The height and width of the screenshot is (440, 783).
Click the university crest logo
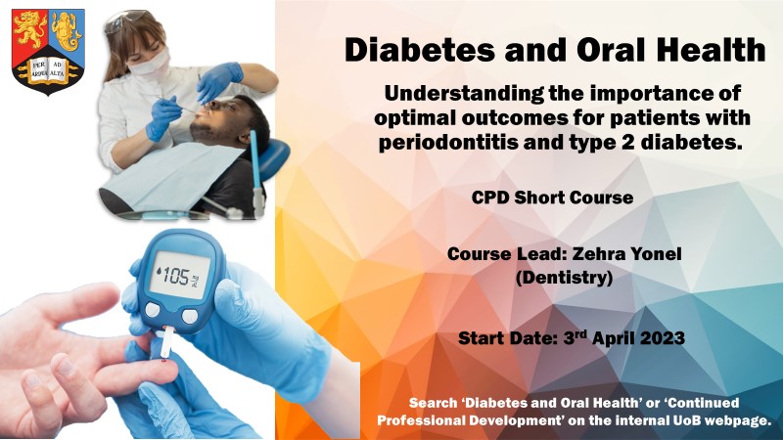tap(48, 52)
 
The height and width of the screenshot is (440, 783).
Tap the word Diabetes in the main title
tap(420, 50)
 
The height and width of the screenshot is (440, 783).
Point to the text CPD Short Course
tap(552, 198)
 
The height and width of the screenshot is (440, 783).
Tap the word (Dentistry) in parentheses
tap(564, 278)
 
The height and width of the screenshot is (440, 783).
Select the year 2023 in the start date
tap(662, 338)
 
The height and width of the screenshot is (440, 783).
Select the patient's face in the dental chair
tap(214, 119)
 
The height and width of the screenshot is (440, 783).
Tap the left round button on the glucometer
tap(153, 310)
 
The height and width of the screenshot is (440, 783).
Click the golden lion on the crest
tap(31, 29)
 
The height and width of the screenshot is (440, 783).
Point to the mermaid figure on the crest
tap(66, 30)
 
